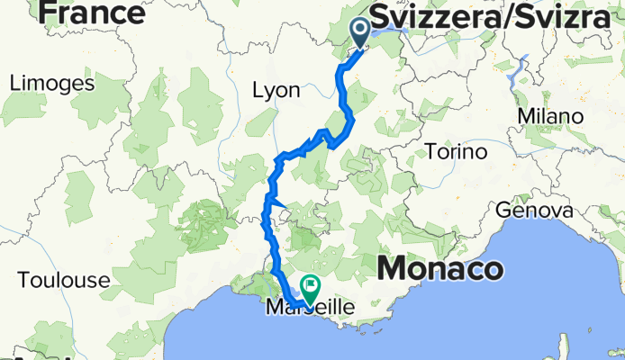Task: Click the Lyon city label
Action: pos(275,91)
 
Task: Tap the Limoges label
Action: pos(52,84)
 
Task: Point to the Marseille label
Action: pos(312,307)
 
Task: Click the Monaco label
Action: pos(440,268)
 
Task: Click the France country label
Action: pos(91,13)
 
